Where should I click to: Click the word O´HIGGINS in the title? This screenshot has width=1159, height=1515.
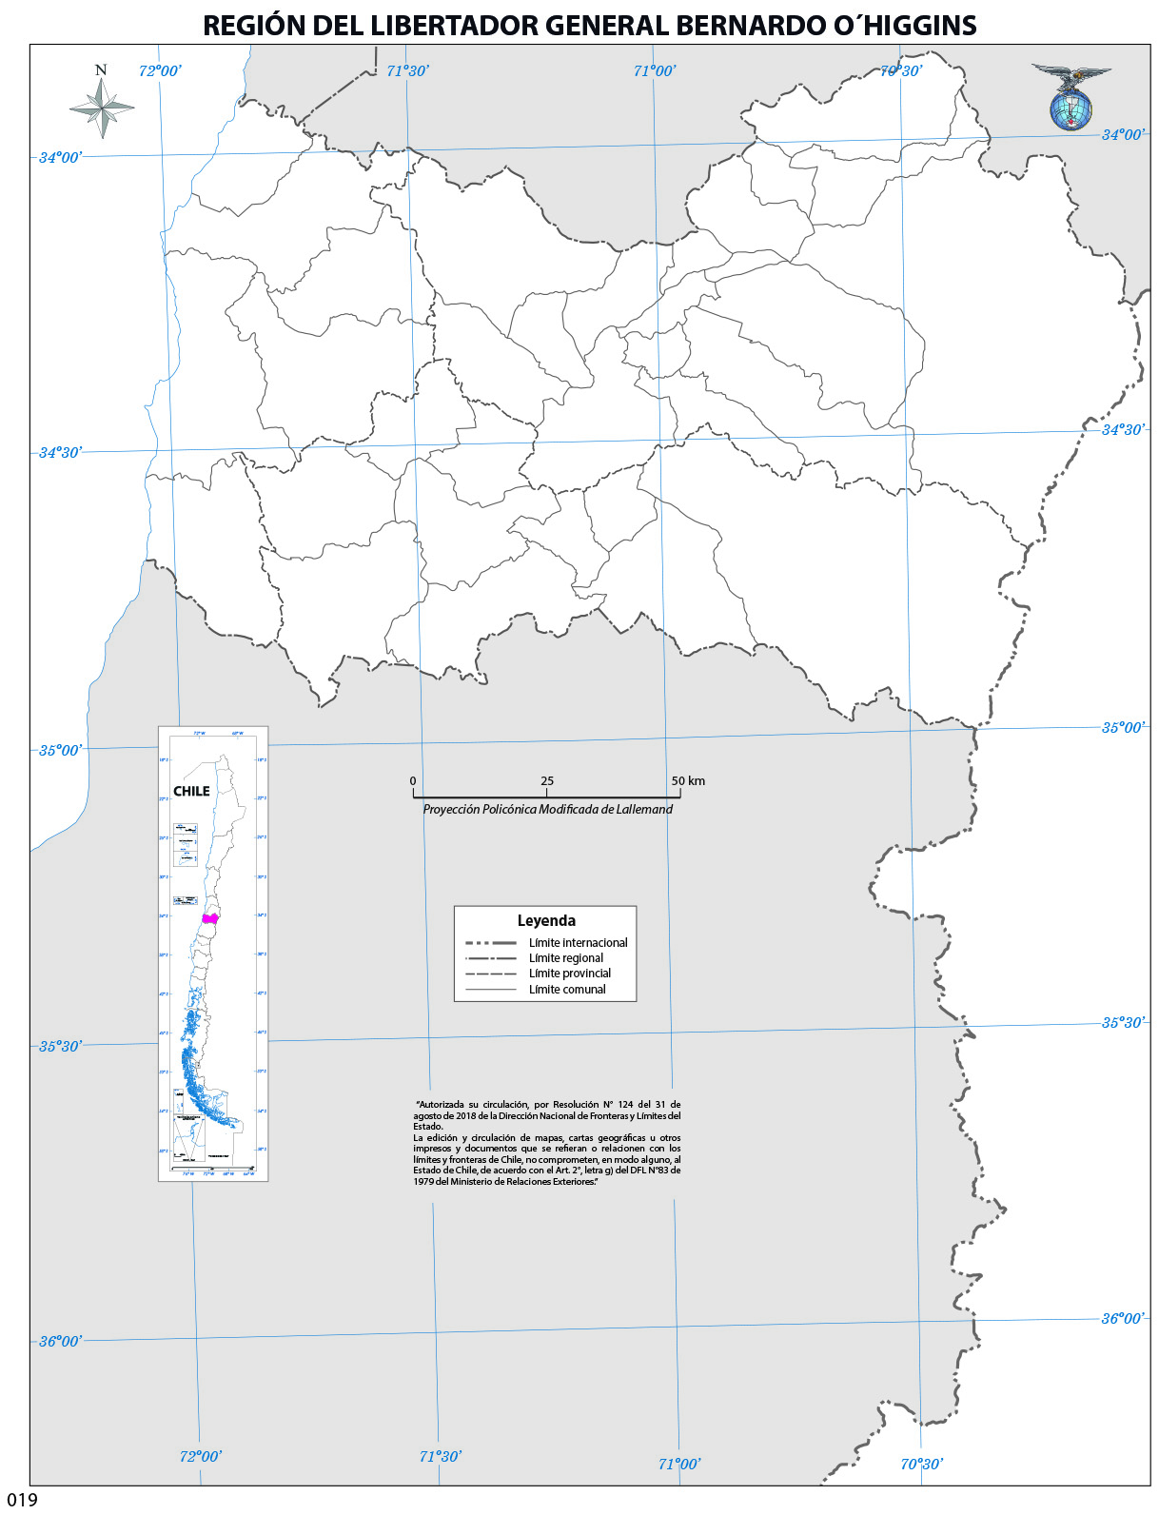[x=905, y=26]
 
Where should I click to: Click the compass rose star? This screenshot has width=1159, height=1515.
[x=102, y=107]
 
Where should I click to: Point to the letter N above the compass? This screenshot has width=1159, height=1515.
[x=101, y=70]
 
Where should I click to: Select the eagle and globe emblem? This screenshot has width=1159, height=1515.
[x=1071, y=98]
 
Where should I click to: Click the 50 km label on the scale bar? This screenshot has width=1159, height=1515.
[x=688, y=781]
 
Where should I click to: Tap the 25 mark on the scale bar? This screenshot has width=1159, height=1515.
[x=547, y=781]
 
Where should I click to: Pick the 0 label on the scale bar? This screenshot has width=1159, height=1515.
[x=413, y=781]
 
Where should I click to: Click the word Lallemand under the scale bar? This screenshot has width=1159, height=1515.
[x=644, y=810]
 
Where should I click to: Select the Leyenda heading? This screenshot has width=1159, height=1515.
[x=546, y=920]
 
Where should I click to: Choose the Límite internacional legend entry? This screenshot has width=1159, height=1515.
[x=578, y=943]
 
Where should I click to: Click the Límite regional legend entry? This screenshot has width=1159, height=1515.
[x=565, y=958]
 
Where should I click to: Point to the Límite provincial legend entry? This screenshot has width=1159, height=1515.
[x=569, y=974]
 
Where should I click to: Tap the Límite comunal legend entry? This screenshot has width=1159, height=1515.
[x=567, y=990]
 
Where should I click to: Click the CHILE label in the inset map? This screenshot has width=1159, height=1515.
[x=191, y=791]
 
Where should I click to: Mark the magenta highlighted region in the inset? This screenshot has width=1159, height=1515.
[x=210, y=918]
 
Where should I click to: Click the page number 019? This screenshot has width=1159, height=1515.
[x=22, y=1501]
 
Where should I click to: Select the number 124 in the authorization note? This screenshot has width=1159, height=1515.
[x=600, y=1105]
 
